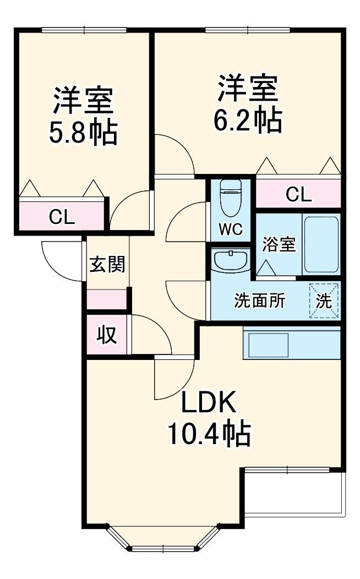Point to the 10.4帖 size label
pos(209,434)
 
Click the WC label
pos(230,230)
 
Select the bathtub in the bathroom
pos(321,244)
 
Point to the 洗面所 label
pos(260,301)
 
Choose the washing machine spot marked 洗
pos(324,301)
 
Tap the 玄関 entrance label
pos(107,265)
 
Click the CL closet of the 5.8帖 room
pos(62,217)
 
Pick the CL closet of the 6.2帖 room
pos(298,194)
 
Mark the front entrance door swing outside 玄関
pos(62,259)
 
